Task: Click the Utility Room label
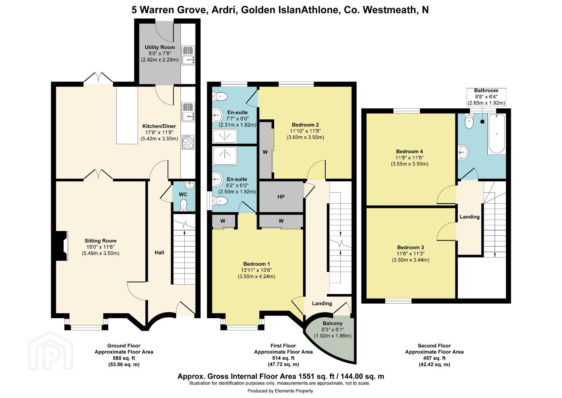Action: point(160,47)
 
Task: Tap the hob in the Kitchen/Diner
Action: point(188,142)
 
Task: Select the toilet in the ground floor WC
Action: point(184,205)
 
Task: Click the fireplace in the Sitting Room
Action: point(61,245)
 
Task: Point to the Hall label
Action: point(159,252)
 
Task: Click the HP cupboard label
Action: point(281,197)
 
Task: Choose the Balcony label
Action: point(332,324)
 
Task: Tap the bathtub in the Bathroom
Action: point(496,134)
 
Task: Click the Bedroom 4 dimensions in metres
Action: point(410,164)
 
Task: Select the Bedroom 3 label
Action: point(410,247)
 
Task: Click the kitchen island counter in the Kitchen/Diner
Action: point(127,115)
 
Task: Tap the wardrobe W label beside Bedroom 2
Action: point(265,152)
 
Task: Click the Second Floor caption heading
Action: point(434,346)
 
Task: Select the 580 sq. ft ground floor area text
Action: point(124,358)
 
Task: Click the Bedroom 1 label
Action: point(257,264)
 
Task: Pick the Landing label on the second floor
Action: point(469,217)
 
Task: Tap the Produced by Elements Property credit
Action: point(280,391)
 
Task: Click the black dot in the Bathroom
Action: point(483,122)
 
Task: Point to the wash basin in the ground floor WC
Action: point(190,185)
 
